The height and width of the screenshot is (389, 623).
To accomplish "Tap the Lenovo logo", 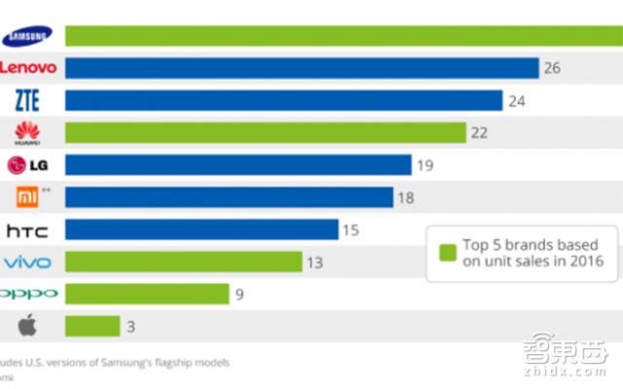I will [x=27, y=68].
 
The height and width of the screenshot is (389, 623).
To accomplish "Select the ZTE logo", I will [x=26, y=100].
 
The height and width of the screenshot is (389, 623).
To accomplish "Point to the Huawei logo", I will [x=26, y=132].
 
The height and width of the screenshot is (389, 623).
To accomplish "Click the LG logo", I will [x=27, y=164].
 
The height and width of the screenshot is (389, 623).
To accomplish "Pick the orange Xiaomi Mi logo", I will [x=28, y=197].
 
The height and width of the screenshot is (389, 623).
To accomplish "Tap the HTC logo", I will [x=27, y=230].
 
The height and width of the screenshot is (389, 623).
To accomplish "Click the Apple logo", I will [x=26, y=325].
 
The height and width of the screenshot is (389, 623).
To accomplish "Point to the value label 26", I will [x=553, y=68].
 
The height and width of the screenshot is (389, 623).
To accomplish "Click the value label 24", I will [x=516, y=100].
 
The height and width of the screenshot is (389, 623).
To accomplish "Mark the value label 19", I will [x=424, y=165].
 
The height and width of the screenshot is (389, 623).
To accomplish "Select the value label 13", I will [x=315, y=262].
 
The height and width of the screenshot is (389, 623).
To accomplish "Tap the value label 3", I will [x=130, y=326].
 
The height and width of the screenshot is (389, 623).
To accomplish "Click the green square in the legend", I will [x=448, y=253].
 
